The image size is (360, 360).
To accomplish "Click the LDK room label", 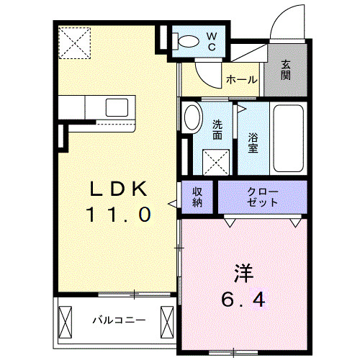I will pyautogui.click(x=120, y=189).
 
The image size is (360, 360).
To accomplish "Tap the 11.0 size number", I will pyautogui.click(x=120, y=214).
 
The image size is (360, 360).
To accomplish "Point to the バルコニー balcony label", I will pyautogui.click(x=119, y=319).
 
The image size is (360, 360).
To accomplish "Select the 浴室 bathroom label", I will pyautogui.click(x=253, y=143).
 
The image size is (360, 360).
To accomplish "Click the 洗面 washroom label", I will pyautogui.click(x=216, y=129).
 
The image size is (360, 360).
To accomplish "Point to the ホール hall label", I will pyautogui.click(x=242, y=80).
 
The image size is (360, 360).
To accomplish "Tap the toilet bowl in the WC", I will pyautogui.click(x=188, y=42).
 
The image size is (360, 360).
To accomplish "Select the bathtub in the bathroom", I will pyautogui.click(x=289, y=138).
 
